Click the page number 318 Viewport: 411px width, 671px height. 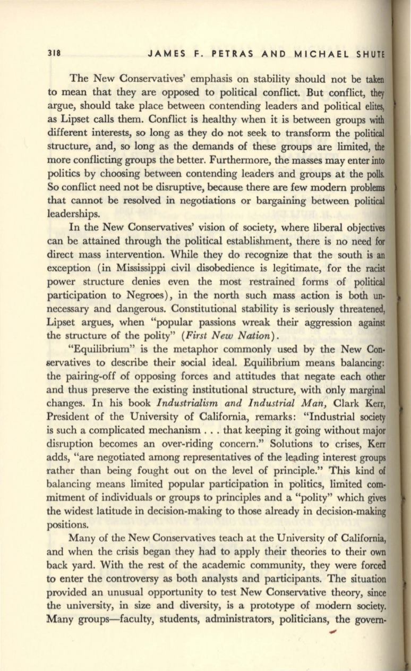click(x=54, y=54)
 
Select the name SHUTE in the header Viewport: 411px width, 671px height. click(x=372, y=54)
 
